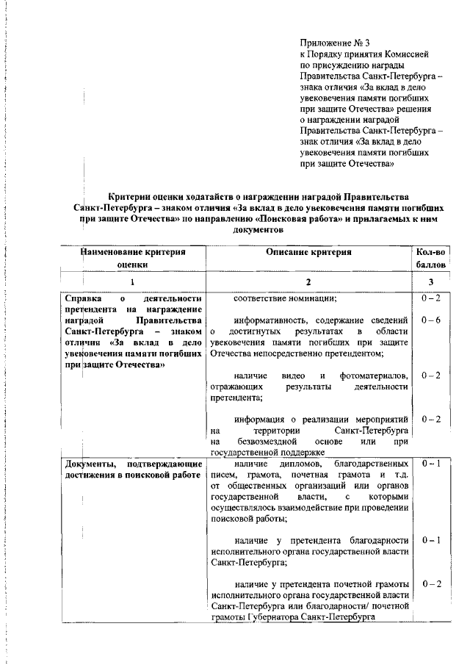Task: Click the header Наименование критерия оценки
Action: (133, 259)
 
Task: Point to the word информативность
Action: (268, 320)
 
